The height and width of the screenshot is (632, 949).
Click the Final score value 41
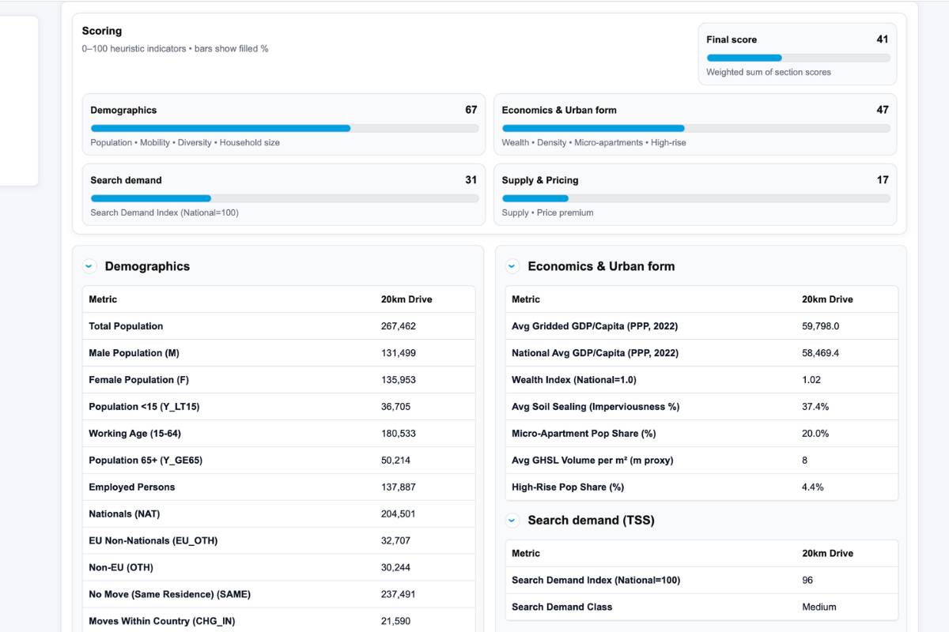tap(882, 39)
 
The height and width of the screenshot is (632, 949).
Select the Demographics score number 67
tap(471, 110)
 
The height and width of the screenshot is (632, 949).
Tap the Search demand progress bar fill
tap(150, 198)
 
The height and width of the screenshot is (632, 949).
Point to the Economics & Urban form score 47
tap(882, 110)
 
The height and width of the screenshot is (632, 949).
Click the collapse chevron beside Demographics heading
tap(89, 267)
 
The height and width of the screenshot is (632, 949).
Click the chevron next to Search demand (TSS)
tap(512, 521)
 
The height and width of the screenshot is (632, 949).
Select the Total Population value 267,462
tap(398, 326)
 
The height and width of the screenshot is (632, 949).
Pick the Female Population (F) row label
tap(138, 380)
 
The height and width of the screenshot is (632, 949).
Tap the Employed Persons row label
tap(131, 487)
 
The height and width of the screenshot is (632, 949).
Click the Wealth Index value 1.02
tap(811, 380)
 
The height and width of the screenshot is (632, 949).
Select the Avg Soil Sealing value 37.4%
tap(815, 407)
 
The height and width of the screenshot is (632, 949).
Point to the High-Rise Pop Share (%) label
tap(567, 487)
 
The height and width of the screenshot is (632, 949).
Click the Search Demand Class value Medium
tap(819, 608)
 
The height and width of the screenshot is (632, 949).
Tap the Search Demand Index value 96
tap(807, 581)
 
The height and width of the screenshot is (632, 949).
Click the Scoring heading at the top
tap(102, 31)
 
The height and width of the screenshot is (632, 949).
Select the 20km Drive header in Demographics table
tap(406, 299)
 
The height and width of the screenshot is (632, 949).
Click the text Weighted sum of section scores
tap(768, 72)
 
